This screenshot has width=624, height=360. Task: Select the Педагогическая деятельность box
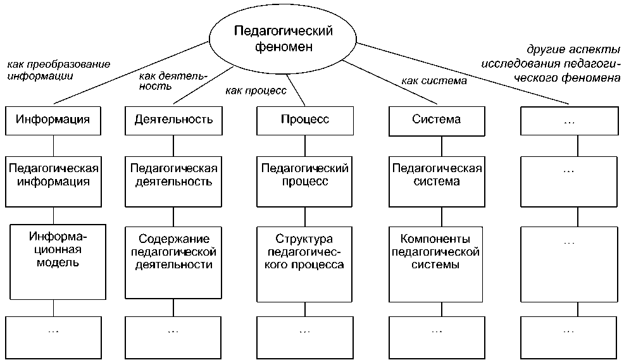coord(173,182)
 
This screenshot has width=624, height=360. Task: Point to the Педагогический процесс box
coord(304,182)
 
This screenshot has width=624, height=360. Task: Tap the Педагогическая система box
coord(437,182)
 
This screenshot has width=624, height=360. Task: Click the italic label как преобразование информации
coord(58,70)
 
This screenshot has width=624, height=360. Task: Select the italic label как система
coord(434,80)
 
